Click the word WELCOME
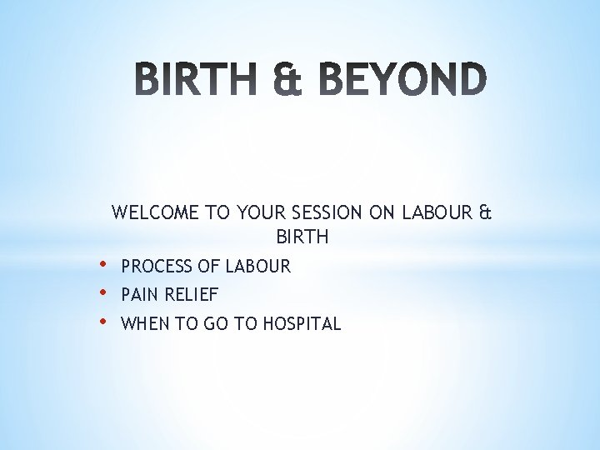(x=155, y=212)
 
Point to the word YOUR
(x=262, y=212)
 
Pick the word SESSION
(x=328, y=212)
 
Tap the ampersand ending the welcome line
(x=486, y=212)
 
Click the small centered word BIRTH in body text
(x=302, y=238)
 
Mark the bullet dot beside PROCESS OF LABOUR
(x=102, y=265)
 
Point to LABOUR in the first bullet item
(x=259, y=267)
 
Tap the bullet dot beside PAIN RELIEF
(x=102, y=293)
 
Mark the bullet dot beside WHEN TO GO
(x=102, y=322)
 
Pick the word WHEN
(x=144, y=324)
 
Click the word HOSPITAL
(x=302, y=324)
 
